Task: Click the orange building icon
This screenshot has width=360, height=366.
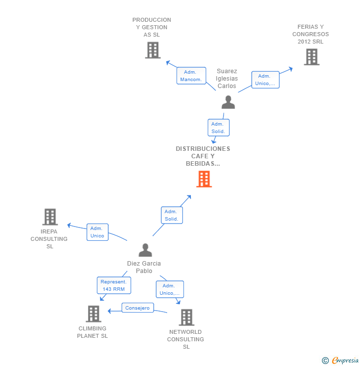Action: tap(204, 179)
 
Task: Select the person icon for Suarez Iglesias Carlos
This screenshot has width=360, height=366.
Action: tap(228, 102)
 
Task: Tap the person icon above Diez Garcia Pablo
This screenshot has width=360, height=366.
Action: tap(145, 250)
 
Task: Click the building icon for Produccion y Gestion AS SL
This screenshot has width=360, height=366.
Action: tap(153, 50)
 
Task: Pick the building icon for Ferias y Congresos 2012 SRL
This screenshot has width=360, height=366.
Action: tap(312, 57)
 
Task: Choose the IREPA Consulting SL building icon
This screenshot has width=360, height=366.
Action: tap(50, 217)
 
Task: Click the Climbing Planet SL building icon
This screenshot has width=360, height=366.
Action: tap(93, 314)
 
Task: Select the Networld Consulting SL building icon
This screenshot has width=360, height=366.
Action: tap(186, 318)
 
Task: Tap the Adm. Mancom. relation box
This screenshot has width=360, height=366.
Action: tap(191, 76)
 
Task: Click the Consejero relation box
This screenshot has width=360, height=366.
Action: tap(137, 308)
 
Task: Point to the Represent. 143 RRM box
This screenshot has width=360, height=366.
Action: tap(114, 285)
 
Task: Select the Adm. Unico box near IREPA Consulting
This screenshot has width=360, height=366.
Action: tap(97, 232)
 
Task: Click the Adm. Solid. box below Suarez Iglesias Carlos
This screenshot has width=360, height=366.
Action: tap(219, 128)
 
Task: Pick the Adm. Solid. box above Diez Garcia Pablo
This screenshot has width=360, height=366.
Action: tap(172, 215)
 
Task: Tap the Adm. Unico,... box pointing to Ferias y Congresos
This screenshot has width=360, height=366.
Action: tap(266, 80)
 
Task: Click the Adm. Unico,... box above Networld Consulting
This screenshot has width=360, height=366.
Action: tap(170, 289)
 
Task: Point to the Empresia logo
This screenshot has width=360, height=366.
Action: tap(340, 361)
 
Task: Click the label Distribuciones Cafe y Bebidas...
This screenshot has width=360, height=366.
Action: tap(203, 156)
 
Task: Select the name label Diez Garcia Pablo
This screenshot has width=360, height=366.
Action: tap(144, 267)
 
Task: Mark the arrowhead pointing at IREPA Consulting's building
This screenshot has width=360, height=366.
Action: tap(69, 225)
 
